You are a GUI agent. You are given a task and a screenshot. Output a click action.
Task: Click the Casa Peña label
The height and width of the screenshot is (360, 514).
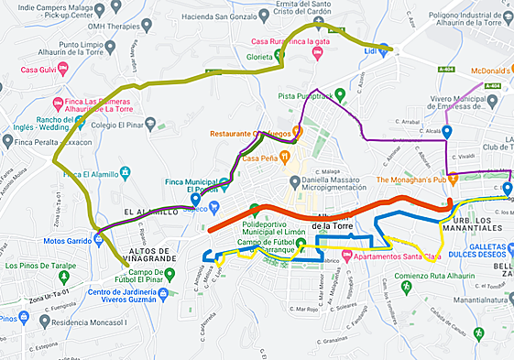coord(260,158)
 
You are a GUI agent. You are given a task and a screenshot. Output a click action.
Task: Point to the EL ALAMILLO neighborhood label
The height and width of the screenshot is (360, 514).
coord(145,212)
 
